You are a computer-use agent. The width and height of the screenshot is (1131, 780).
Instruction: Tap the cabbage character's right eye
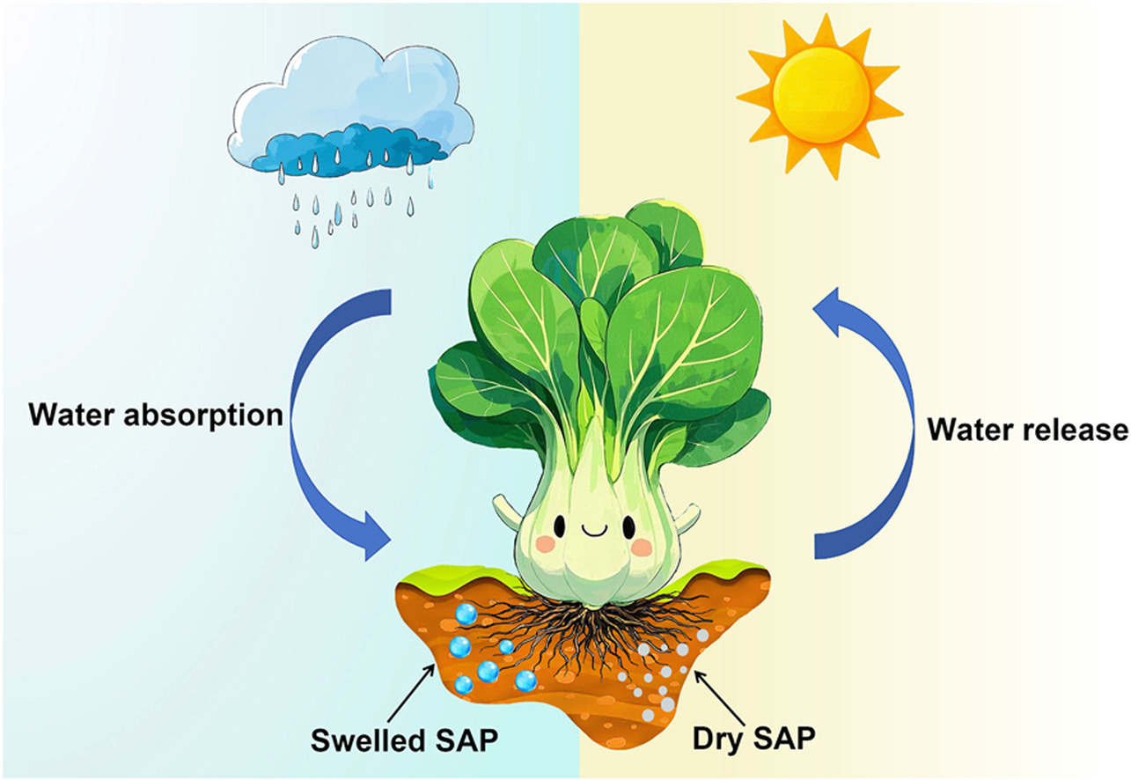tap(628, 526)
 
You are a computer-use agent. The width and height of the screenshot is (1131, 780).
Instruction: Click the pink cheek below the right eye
tap(643, 548)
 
